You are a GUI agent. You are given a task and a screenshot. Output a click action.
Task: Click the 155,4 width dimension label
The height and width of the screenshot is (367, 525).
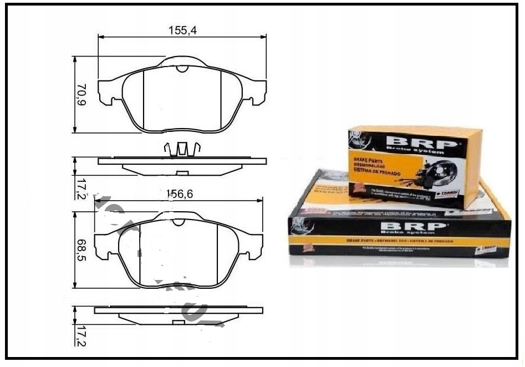point(182,31)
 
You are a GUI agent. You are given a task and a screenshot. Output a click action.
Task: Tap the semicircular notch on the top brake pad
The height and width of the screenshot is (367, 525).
point(182,69)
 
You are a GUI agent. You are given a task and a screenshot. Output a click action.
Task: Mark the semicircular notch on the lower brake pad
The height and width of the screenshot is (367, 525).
point(179,222)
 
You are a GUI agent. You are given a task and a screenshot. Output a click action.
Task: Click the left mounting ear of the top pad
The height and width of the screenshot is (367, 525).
point(109,93)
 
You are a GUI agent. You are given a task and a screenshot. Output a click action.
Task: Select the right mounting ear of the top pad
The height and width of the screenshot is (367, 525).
point(256,93)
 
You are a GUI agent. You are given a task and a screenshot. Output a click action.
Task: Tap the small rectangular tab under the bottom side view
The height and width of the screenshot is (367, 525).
point(179,322)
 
